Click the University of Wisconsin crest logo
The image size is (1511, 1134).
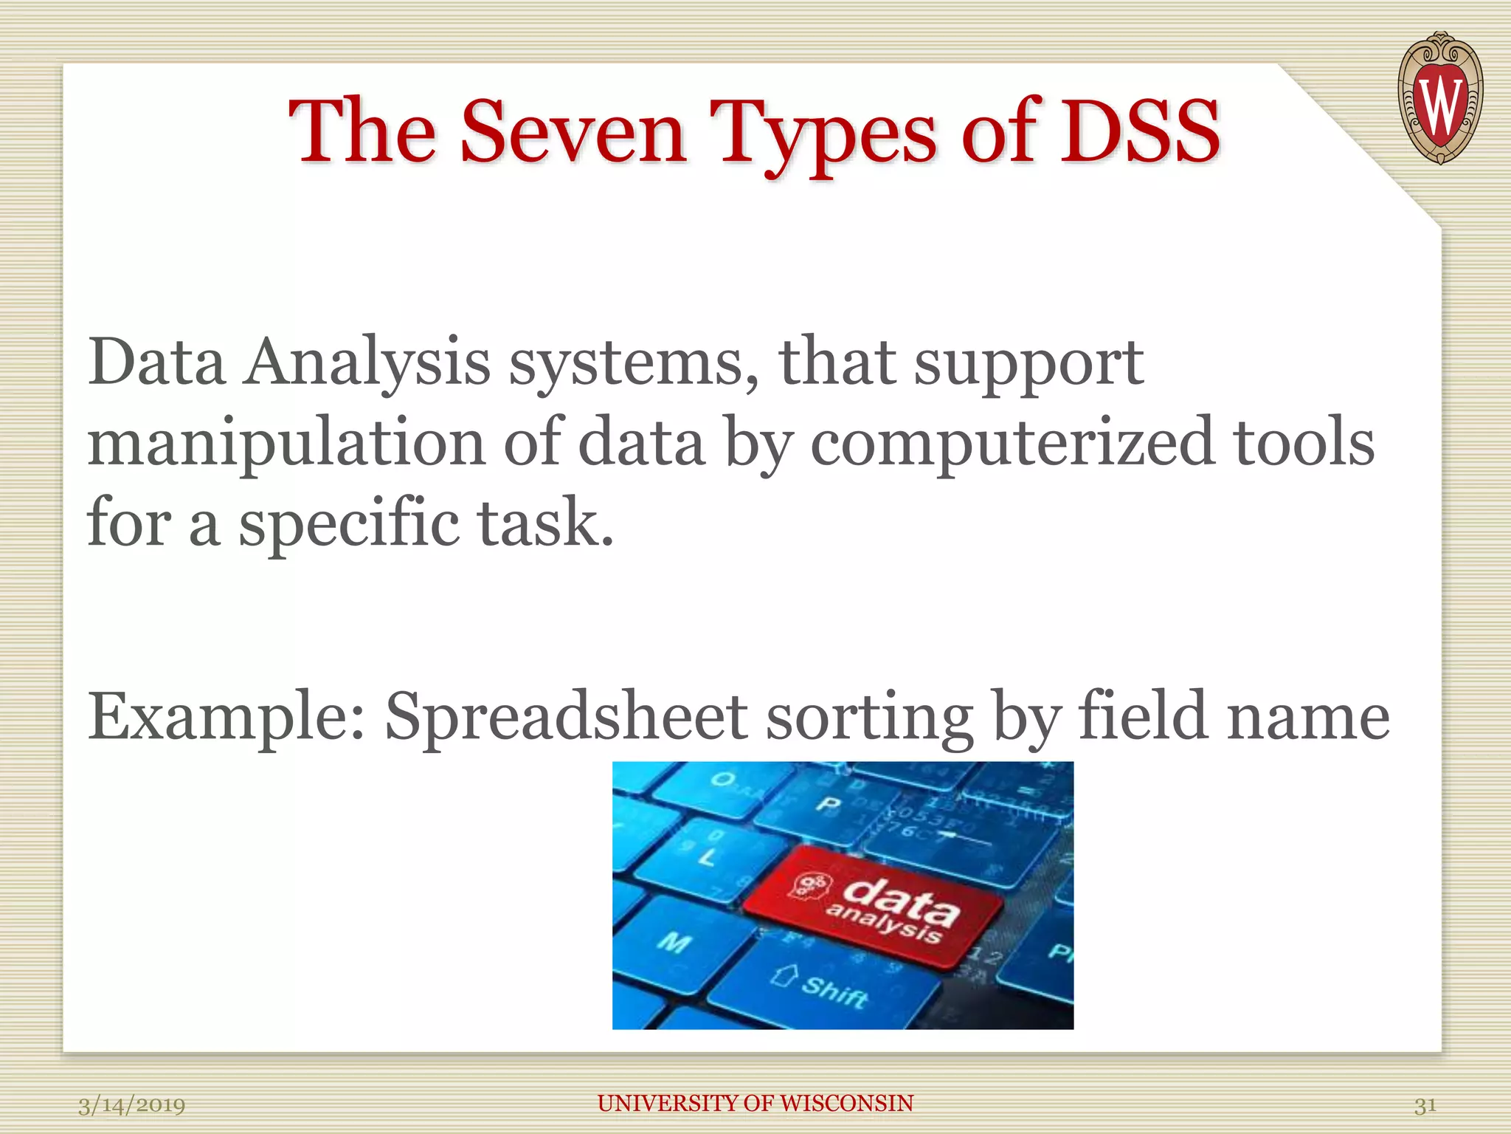[1440, 98]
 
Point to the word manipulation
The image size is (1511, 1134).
[286, 443]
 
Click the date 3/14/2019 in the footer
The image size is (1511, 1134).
[131, 1105]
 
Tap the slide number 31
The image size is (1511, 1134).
[1425, 1105]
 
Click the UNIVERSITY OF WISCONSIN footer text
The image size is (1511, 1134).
[755, 1103]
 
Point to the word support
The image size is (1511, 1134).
[1028, 363]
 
